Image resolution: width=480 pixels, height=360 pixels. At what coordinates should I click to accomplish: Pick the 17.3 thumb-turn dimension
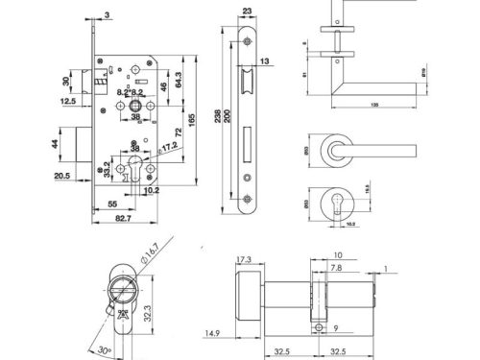(242, 259)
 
